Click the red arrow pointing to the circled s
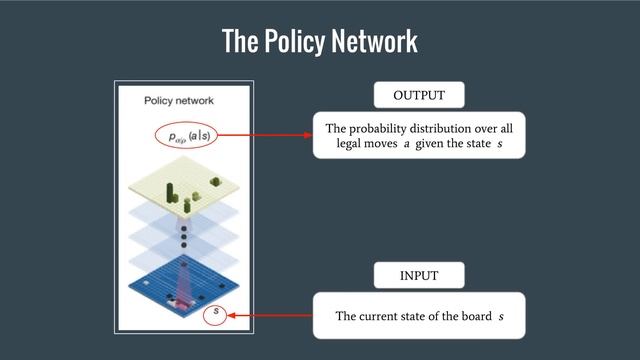tap(270, 316)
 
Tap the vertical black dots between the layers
tap(184, 236)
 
